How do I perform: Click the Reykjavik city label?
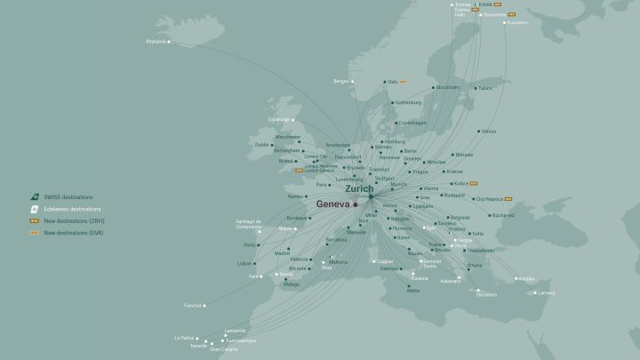pos(156,41)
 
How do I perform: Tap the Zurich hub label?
pos(357,188)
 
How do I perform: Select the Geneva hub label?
pos(332,204)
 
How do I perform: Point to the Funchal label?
pos(193,306)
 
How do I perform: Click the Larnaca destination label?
pos(546,292)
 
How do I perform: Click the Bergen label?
pos(342,81)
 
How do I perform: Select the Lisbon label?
pos(245,263)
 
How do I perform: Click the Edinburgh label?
pos(280,119)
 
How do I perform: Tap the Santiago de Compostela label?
pos(247,224)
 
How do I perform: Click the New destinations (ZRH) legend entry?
pos(75,220)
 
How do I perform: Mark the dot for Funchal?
pos(206,306)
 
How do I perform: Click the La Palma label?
pos(184,338)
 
